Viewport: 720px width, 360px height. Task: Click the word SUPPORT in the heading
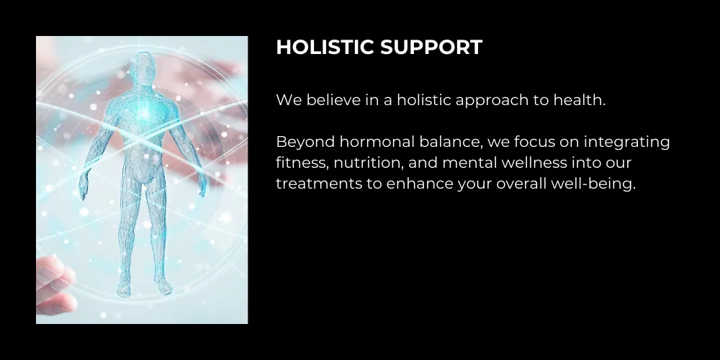(x=431, y=48)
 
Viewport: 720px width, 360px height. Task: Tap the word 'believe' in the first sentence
(x=333, y=99)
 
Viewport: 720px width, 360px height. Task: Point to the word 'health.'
(x=580, y=99)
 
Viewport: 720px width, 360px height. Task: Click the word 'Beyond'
(x=305, y=143)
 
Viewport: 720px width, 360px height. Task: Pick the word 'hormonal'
(x=377, y=141)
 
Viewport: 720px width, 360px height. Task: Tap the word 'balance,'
(x=451, y=142)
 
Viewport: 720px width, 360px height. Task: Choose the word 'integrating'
(x=627, y=143)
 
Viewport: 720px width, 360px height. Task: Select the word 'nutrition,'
(x=368, y=163)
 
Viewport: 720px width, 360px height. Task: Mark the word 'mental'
(x=469, y=163)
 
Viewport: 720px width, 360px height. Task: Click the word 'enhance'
(x=419, y=184)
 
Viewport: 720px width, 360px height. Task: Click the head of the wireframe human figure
(x=143, y=68)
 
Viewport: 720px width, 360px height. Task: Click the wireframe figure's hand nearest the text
(x=202, y=186)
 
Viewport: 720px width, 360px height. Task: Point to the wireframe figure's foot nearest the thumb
(x=124, y=289)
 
